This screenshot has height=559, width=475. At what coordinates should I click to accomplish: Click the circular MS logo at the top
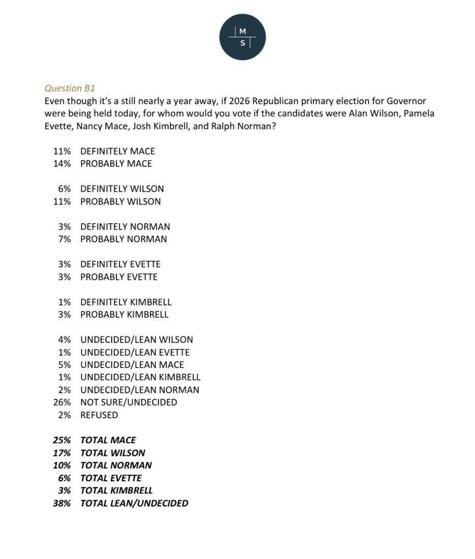pos(243,37)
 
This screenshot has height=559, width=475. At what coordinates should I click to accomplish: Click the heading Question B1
pos(70,88)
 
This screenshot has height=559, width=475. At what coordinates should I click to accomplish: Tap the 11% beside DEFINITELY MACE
pos(62,151)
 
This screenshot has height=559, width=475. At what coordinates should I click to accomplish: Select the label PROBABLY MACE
pos(116,164)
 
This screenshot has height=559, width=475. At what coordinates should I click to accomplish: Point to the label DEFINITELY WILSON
pos(122,189)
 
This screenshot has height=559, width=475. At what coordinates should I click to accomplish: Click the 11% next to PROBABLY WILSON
pos(62,201)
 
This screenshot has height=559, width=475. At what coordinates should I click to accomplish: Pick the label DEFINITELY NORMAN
pos(125,227)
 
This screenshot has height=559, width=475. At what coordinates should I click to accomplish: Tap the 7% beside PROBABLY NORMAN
pos(65,239)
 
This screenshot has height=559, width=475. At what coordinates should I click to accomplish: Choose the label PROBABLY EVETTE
pos(119,277)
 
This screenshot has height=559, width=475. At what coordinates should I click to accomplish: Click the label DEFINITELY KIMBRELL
pos(126,302)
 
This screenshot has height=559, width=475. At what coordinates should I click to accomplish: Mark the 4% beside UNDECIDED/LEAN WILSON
pos(65,339)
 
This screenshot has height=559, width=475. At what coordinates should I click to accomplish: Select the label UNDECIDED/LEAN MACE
pos(132,365)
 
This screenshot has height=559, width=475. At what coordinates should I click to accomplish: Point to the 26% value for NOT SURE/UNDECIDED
pos(62,402)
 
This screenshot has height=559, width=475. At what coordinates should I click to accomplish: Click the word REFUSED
pos(99,415)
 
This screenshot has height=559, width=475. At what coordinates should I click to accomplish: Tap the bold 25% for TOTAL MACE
pos(62,440)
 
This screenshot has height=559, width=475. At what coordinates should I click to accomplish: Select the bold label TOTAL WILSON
pos(113,453)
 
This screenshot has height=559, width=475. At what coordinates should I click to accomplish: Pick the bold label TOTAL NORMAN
pos(116,465)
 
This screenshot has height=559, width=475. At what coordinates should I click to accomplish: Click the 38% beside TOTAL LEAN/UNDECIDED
pos(62,503)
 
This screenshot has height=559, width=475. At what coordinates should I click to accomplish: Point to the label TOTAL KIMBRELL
pos(116,490)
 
